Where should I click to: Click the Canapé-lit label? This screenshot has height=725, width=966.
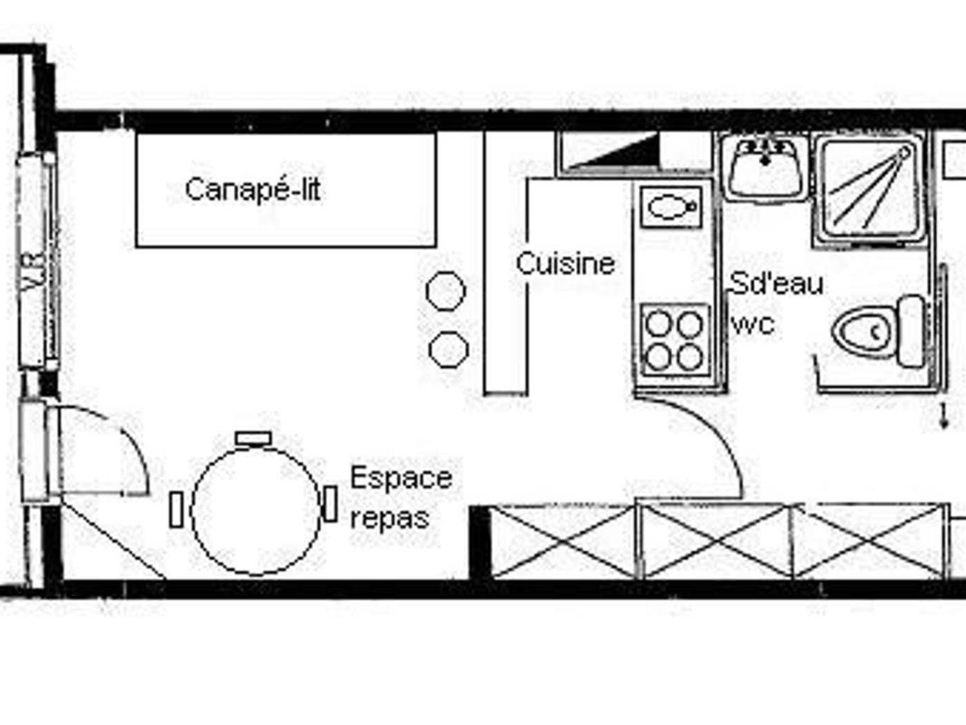pyautogui.click(x=253, y=190)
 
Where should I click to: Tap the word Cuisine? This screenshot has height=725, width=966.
pyautogui.click(x=565, y=264)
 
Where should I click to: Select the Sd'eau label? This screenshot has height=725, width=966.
pyautogui.click(x=776, y=283)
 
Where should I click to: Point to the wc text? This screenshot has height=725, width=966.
pyautogui.click(x=753, y=325)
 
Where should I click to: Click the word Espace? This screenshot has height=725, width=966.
pyautogui.click(x=401, y=478)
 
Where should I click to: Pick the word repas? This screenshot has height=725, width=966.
pyautogui.click(x=389, y=518)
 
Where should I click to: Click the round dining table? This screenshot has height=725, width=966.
pyautogui.click(x=256, y=511)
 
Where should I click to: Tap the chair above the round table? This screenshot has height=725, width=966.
pyautogui.click(x=253, y=438)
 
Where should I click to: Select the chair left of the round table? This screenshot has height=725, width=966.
pyautogui.click(x=177, y=510)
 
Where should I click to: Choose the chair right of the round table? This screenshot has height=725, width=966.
pyautogui.click(x=331, y=503)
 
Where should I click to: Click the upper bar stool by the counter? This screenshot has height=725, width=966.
pyautogui.click(x=445, y=291)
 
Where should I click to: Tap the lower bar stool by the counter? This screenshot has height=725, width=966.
pyautogui.click(x=448, y=349)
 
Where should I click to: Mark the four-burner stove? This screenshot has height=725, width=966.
pyautogui.click(x=675, y=340)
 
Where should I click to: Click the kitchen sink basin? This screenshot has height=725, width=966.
pyautogui.click(x=671, y=207)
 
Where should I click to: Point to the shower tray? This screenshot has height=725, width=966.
pyautogui.click(x=868, y=190)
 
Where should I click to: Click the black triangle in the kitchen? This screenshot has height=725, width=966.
pyautogui.click(x=625, y=152)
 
